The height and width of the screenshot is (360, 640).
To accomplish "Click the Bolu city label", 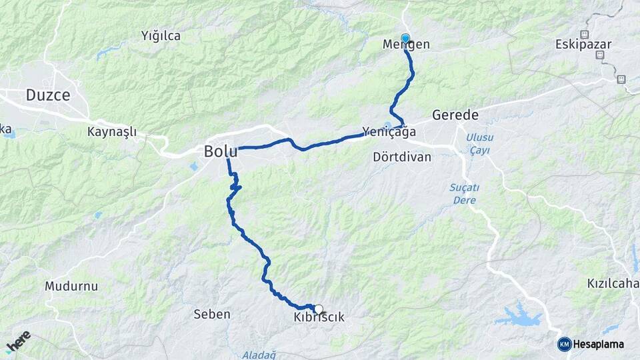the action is click(x=221, y=151).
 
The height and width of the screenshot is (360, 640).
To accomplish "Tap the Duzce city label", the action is click(x=48, y=95).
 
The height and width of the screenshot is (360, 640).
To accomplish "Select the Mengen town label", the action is click(x=406, y=45).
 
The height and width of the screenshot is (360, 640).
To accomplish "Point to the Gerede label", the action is click(x=455, y=115).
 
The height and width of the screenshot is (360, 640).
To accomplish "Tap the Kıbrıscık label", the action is click(x=319, y=317).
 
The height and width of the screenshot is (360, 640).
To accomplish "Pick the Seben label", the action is click(x=211, y=314).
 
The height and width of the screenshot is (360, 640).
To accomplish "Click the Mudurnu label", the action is click(x=71, y=286).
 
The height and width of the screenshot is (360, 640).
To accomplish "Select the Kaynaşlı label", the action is click(x=111, y=131).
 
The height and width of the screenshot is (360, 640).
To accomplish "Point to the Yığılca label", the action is click(x=161, y=36).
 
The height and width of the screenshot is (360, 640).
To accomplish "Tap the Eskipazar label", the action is click(x=579, y=45).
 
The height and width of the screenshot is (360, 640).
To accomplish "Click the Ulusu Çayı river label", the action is click(x=479, y=144).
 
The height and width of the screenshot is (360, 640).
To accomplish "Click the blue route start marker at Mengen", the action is click(x=405, y=38).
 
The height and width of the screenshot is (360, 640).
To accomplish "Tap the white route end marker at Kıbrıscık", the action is click(x=319, y=309).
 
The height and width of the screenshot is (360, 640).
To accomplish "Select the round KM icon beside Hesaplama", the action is click(x=564, y=344).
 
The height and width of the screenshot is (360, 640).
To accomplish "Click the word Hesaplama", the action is click(x=599, y=344).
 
